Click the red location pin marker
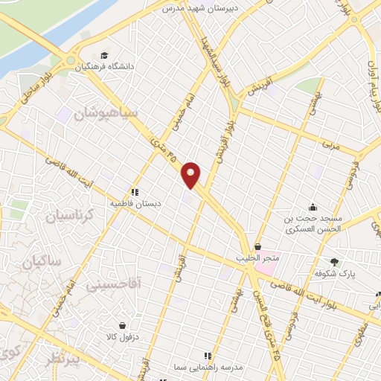(x=192, y=174)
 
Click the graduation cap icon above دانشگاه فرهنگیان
(x=105, y=55)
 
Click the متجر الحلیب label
(x=258, y=257)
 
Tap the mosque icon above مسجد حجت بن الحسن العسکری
(x=313, y=207)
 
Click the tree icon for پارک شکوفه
(x=334, y=261)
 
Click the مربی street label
(x=330, y=142)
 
